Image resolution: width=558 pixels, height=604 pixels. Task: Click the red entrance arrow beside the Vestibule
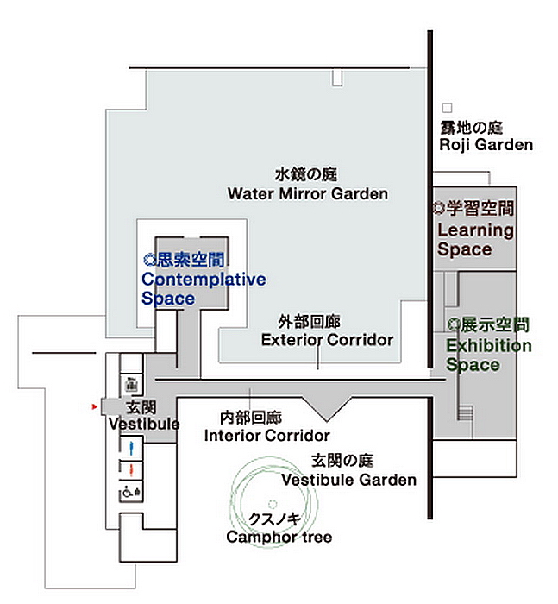(x=94, y=406)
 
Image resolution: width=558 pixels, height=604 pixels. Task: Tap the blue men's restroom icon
(x=131, y=448)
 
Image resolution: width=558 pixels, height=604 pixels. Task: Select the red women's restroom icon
(x=131, y=470)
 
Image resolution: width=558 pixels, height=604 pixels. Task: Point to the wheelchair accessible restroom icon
(x=131, y=492)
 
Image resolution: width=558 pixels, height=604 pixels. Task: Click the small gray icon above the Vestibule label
(x=131, y=384)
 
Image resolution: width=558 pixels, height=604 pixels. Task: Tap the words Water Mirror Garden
(x=308, y=193)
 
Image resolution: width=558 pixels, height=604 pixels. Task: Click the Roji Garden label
(x=486, y=145)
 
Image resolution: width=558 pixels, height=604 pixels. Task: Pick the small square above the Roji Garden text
(x=447, y=108)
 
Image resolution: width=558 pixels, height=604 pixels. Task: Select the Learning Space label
(x=476, y=240)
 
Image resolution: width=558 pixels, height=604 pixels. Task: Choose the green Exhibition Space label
(x=489, y=355)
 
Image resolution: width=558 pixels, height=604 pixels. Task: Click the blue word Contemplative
(x=204, y=280)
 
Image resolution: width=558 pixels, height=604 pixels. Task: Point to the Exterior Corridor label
(x=328, y=340)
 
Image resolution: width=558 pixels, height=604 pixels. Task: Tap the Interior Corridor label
(x=266, y=436)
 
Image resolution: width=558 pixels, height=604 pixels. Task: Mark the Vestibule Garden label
(x=349, y=480)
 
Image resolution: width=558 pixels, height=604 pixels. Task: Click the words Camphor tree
(x=279, y=537)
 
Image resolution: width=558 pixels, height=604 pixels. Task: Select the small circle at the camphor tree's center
(x=273, y=504)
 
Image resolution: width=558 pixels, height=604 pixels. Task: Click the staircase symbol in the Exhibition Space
(x=465, y=412)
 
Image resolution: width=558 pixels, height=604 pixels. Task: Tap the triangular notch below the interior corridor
(x=327, y=407)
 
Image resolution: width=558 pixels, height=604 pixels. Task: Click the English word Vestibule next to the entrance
(x=144, y=425)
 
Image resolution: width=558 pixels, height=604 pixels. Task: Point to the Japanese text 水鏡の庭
(x=306, y=174)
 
